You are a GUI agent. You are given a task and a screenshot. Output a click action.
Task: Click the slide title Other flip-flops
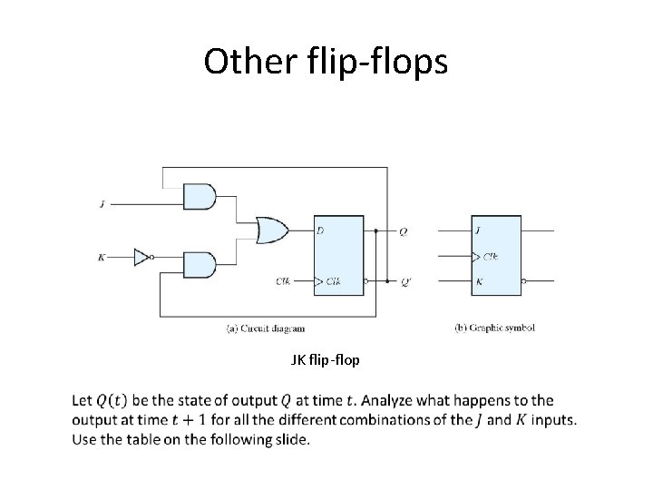coord(326,61)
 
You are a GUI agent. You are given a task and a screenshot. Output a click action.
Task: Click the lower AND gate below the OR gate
coord(200,264)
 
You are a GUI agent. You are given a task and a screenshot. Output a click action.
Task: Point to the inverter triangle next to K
coord(141,258)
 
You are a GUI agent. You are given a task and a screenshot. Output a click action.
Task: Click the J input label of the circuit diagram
coord(102,205)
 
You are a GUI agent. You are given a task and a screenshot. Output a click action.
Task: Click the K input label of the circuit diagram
coord(102,258)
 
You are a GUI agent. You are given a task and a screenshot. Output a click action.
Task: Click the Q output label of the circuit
coord(403,231)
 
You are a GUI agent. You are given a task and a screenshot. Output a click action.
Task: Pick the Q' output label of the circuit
coord(404,281)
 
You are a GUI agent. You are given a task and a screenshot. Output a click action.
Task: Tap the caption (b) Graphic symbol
coord(495,327)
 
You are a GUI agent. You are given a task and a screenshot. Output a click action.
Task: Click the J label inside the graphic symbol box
coord(477,230)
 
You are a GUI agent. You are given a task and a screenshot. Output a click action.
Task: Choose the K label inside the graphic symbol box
coord(478,281)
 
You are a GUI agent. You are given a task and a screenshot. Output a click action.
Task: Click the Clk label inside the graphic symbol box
coord(491,256)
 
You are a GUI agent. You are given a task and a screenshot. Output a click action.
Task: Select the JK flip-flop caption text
coord(325,360)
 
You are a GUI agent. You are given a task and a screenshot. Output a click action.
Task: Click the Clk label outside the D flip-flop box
coord(284,281)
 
